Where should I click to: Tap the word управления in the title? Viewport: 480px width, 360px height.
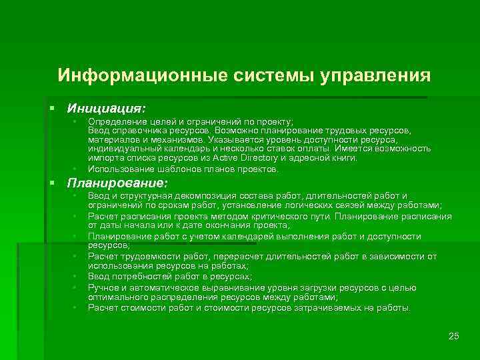tap(375, 73)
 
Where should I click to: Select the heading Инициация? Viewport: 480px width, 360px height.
tap(105, 107)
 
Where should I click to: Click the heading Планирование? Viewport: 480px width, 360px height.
tap(117, 182)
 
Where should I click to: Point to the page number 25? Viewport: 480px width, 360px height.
tap(454, 335)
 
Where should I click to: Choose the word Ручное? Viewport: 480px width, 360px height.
tap(104, 287)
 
